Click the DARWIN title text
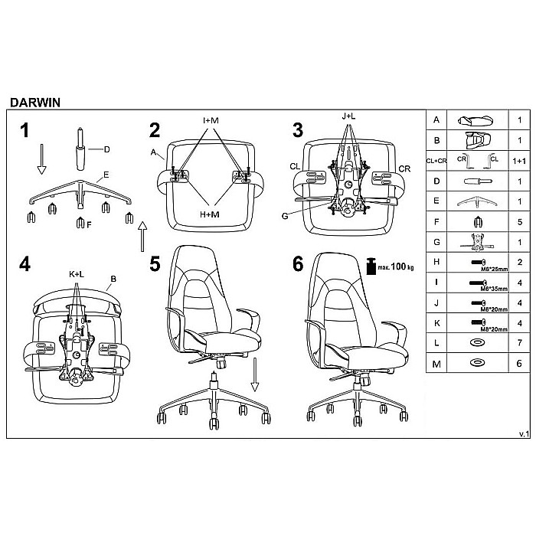coord(35,100)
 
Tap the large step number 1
coord(25,129)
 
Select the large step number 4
coord(25,265)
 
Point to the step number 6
coord(298,264)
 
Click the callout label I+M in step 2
coord(210,120)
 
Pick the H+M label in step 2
coord(210,215)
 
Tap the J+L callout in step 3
coord(348,116)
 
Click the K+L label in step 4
coord(77,273)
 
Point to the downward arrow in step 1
coord(42,159)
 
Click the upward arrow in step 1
coord(142,235)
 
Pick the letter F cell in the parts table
coord(436,221)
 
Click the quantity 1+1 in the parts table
coord(518,162)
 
